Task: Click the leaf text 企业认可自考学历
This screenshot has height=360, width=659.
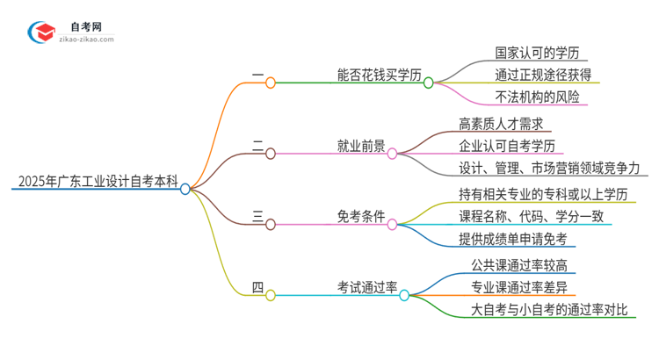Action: click(x=511, y=146)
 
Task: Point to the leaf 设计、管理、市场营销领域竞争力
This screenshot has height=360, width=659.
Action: click(x=549, y=168)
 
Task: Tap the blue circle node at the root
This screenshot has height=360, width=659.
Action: click(x=185, y=188)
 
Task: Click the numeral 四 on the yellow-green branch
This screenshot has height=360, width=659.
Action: click(x=257, y=288)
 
